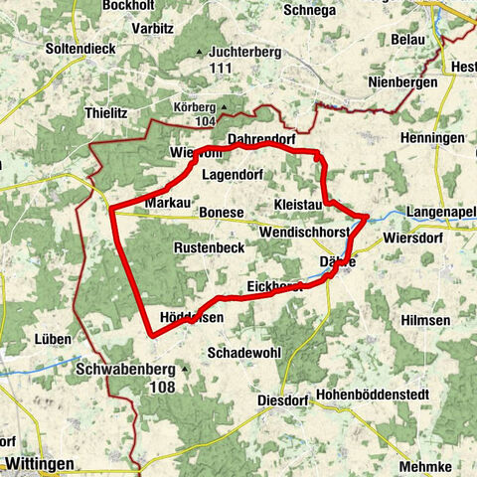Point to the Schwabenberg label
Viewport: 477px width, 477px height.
pyautogui.click(x=125, y=368)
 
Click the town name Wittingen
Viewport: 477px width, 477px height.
pyautogui.click(x=39, y=463)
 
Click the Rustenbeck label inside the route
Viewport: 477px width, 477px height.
pyautogui.click(x=209, y=246)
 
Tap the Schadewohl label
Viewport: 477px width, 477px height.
pyautogui.click(x=239, y=353)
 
